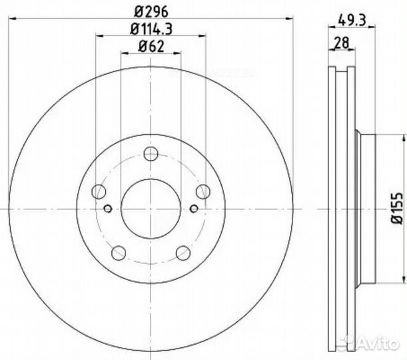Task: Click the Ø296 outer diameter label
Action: [x=151, y=10]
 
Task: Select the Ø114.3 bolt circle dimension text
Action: [x=151, y=28]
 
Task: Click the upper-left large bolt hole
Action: [x=100, y=192]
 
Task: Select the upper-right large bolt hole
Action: [x=202, y=192]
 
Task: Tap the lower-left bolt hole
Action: [x=119, y=253]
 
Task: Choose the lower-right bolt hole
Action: [x=182, y=253]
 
